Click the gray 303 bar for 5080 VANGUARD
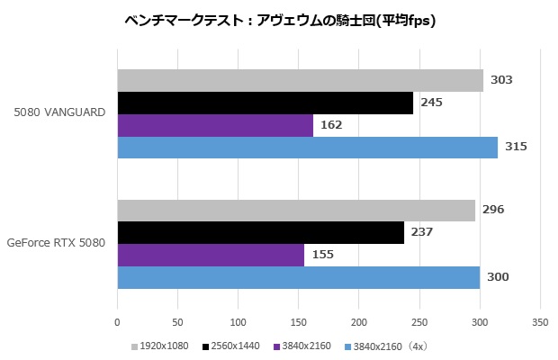300,80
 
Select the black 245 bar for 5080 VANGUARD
265,103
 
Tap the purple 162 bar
215,125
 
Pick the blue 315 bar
307,148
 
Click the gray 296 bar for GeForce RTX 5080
296,210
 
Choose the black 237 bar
260,232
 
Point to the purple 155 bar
211,255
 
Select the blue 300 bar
298,277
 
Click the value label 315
516,148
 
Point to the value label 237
422,232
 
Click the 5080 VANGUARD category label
59,112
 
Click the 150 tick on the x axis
299,321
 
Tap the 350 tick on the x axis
540,321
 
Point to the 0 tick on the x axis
117,321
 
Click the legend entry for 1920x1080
163,346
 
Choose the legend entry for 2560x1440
233,346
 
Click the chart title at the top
279,20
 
